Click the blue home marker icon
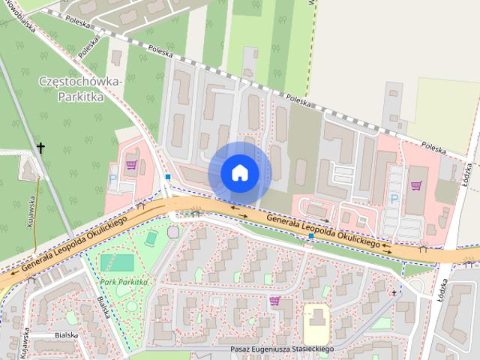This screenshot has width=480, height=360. coord(239,172)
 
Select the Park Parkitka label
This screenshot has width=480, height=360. coord(122,282)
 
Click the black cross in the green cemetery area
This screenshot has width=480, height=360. coord(40,148)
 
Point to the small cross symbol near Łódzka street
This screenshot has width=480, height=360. coord(393,293)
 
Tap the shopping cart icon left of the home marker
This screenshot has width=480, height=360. coord(131,165)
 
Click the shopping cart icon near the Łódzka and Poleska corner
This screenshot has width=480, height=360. coord(416,185)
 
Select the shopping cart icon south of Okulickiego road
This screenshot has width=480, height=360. coord(275,301)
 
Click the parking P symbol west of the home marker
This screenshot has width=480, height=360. coord(113,180)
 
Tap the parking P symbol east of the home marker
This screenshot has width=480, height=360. coord(394,199)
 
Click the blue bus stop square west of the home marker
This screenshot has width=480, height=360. coord(168,178)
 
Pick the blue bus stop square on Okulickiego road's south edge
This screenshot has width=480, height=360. coord(310,236)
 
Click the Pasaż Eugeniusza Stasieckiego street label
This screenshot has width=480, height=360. coord(282,349)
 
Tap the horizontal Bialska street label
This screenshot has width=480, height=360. coord(66,336)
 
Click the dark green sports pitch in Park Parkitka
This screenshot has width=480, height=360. coord(117,263)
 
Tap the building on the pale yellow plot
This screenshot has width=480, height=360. coord(316,326)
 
